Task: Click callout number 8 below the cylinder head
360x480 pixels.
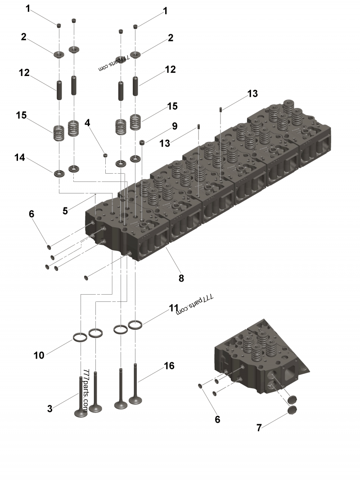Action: (181, 278)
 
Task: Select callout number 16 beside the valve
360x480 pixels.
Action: (169, 366)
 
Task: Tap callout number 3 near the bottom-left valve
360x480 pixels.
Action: (50, 408)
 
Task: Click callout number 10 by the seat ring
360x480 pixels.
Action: (39, 355)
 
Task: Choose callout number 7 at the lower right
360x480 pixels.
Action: (259, 427)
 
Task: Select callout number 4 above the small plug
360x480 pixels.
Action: (87, 122)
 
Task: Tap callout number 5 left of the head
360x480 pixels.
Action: (65, 210)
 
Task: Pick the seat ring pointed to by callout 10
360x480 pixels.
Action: (80, 337)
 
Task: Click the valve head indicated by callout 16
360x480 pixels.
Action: (135, 399)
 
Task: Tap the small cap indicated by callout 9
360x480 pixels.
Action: (142, 143)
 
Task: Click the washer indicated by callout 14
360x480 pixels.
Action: (59, 173)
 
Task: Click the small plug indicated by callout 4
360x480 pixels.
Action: (106, 155)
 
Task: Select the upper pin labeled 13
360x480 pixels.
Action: (220, 109)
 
